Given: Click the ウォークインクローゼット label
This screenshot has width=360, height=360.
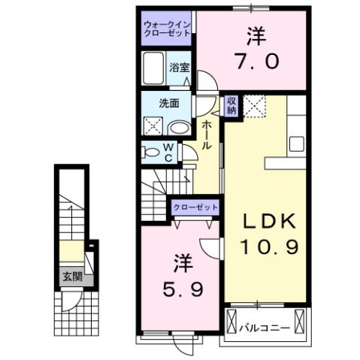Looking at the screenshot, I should point(167,31).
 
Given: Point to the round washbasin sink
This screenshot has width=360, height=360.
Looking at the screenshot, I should point(177,128).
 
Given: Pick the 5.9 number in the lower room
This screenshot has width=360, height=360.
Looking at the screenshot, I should point(180,288).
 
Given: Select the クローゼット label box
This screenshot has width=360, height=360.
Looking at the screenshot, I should point(196,207).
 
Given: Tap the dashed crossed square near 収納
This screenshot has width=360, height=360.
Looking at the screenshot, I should point(255,107).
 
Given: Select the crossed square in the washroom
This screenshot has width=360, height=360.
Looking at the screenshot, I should point(153,126).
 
